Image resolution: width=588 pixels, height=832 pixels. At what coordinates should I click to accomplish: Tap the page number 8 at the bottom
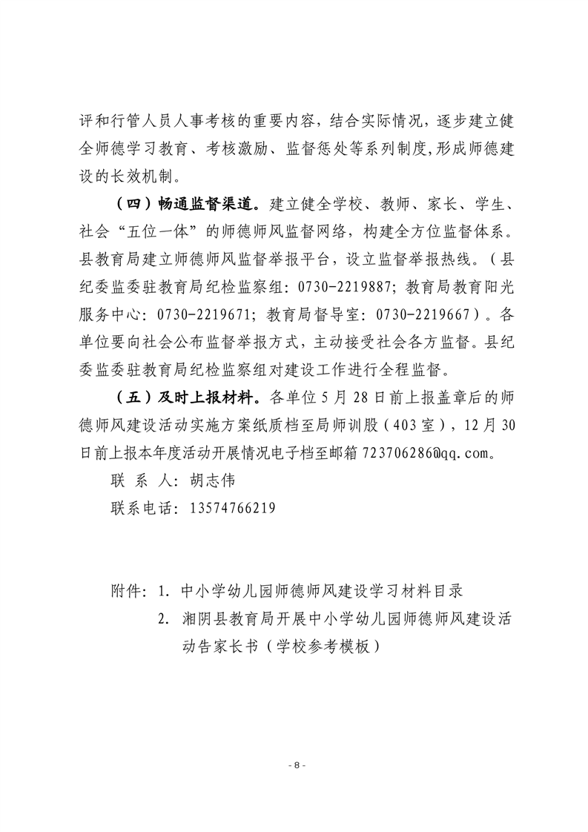294,765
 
